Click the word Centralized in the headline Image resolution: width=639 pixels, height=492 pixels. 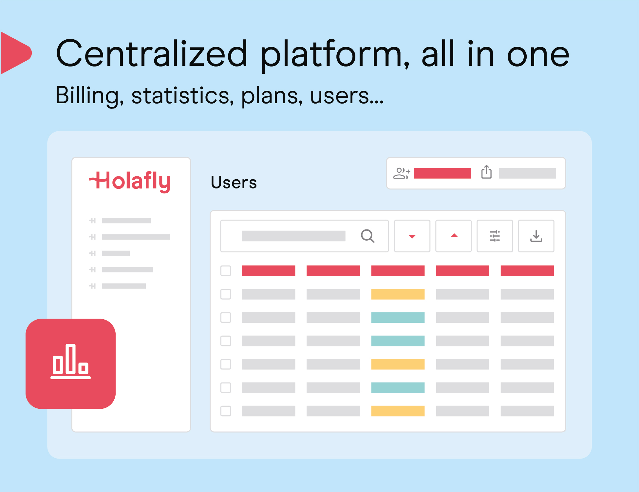click(152, 54)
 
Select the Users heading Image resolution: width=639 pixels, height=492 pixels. click(234, 182)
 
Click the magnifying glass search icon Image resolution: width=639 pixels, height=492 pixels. click(367, 236)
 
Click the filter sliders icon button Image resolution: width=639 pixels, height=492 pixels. click(495, 236)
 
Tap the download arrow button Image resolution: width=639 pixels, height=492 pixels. click(536, 236)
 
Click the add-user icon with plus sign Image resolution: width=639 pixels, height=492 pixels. click(402, 173)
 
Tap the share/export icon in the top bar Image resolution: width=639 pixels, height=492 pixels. click(486, 172)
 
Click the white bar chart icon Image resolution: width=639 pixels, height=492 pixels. click(70, 362)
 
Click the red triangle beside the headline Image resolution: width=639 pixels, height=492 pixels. click(16, 53)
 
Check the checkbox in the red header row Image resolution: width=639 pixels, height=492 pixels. click(226, 271)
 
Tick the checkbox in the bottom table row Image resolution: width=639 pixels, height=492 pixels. click(226, 411)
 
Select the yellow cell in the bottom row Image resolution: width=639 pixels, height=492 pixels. click(398, 411)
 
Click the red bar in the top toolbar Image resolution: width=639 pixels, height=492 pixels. click(442, 173)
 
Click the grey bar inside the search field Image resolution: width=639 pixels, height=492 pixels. click(293, 236)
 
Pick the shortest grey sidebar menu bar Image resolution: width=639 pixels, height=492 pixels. click(116, 253)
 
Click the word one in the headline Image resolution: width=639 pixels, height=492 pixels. click(538, 54)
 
